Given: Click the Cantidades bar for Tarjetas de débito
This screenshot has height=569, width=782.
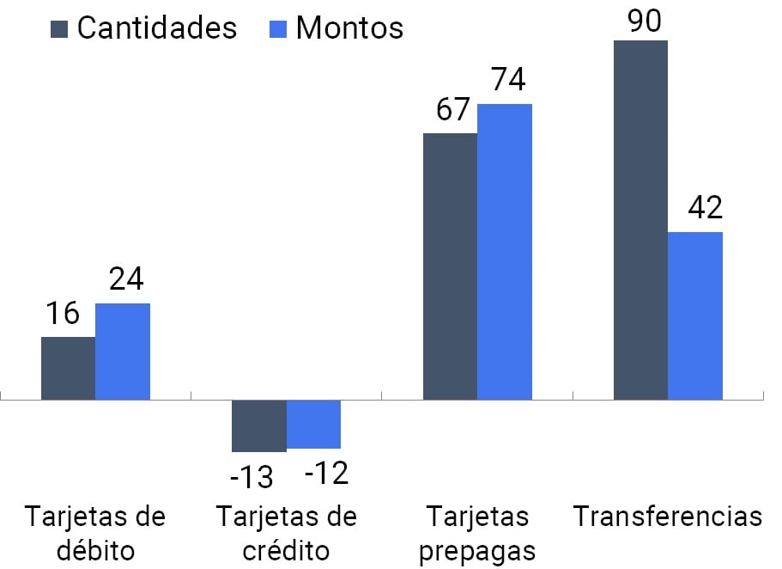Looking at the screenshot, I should tap(69, 368).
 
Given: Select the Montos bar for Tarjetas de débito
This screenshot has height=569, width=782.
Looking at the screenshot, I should tap(123, 352).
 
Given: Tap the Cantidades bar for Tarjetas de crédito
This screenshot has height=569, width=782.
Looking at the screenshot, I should tap(259, 425).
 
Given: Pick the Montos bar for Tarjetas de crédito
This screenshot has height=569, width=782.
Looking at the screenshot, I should tap(313, 424).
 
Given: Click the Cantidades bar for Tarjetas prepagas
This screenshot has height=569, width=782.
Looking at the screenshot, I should tap(450, 266).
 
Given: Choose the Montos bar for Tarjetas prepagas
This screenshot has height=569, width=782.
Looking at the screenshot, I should tap(505, 252).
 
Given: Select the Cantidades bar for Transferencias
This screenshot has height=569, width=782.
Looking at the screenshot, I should tap(640, 220).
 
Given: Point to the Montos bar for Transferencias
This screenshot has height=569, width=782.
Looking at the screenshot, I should tap(695, 315).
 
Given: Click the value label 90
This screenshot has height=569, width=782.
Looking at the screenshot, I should tap(643, 21).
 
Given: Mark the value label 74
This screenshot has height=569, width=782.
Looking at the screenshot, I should tap(507, 80).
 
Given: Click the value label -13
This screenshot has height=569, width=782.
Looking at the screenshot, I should tap(252, 475).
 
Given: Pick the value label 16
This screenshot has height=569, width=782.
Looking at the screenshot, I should tap(63, 314).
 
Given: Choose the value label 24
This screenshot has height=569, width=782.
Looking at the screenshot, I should tap(125, 279).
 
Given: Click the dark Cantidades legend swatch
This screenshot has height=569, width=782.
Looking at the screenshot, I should tap(59, 28).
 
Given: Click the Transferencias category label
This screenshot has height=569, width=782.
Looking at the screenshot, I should tap(668, 517).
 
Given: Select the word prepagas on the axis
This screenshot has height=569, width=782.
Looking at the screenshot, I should tap(478, 551).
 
